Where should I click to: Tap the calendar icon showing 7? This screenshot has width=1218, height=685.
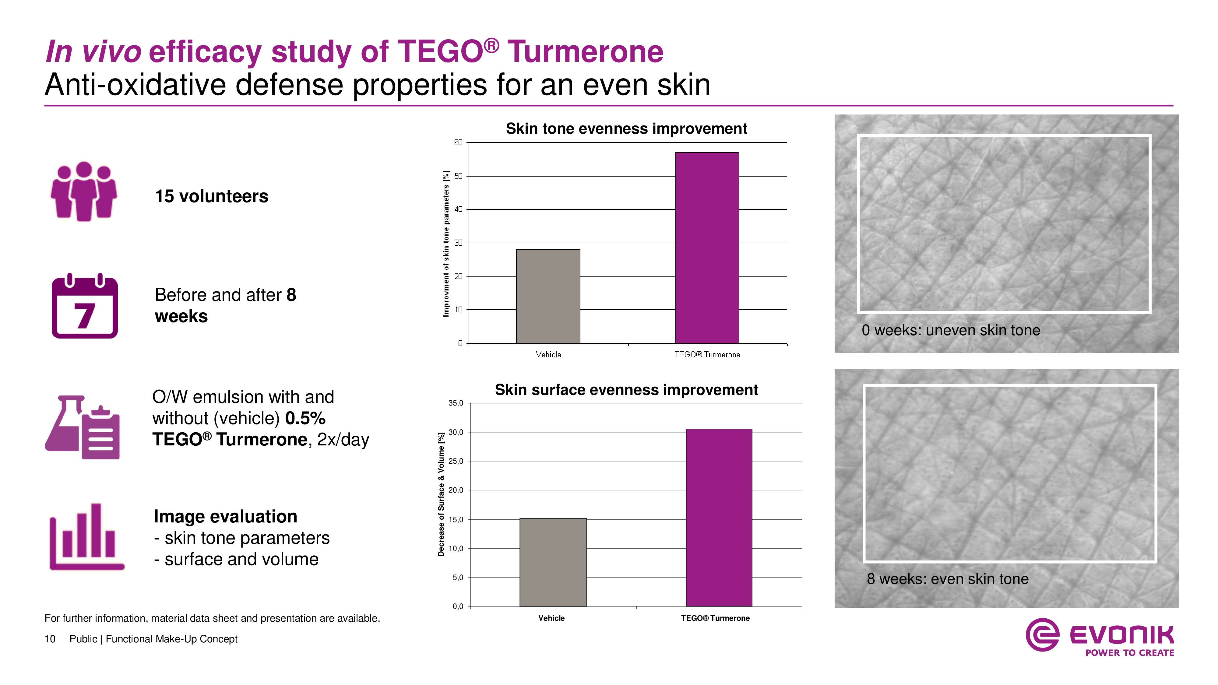[x=85, y=307]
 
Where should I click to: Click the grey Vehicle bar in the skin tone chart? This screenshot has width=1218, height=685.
[x=548, y=297]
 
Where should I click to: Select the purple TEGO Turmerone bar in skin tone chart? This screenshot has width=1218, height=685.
[x=707, y=248]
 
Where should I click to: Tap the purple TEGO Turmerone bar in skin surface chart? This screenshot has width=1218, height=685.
[x=719, y=517]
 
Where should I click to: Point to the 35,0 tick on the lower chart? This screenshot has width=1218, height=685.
[x=456, y=403]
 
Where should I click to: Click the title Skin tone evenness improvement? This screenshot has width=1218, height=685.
[x=626, y=128]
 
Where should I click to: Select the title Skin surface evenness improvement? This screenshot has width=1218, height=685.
[x=626, y=390]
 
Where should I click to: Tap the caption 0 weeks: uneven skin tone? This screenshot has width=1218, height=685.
[x=950, y=330]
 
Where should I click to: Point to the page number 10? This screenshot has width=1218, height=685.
[x=50, y=639]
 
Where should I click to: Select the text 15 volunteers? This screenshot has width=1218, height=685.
[x=211, y=196]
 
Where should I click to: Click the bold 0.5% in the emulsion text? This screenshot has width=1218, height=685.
[x=305, y=418]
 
